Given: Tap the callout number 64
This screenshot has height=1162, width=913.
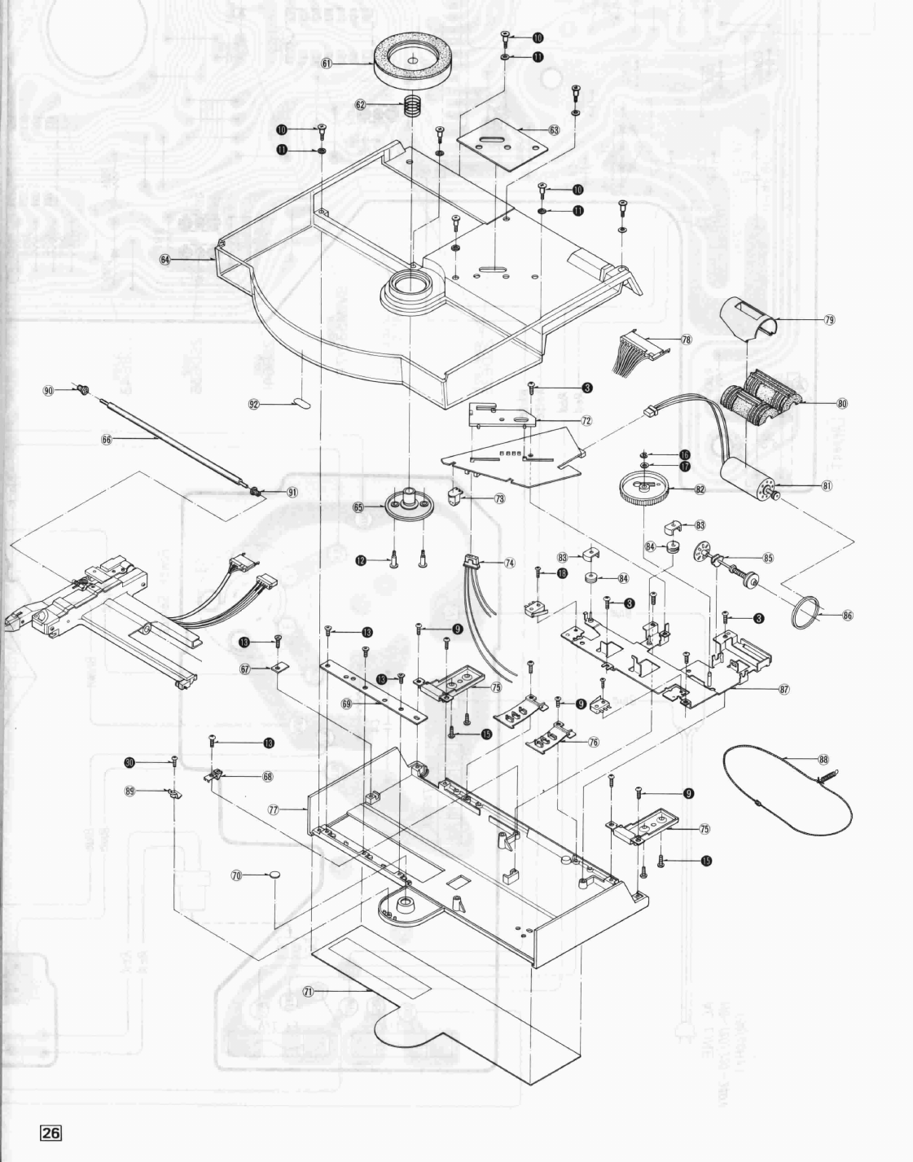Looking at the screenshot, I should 165,259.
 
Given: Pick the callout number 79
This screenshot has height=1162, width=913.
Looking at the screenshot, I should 830,319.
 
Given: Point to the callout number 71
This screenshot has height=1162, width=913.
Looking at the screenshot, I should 308,992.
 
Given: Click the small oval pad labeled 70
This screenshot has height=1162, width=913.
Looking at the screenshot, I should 277,875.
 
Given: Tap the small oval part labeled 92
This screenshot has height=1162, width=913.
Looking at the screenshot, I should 301,401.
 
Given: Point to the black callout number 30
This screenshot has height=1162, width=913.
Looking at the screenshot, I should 129,762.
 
